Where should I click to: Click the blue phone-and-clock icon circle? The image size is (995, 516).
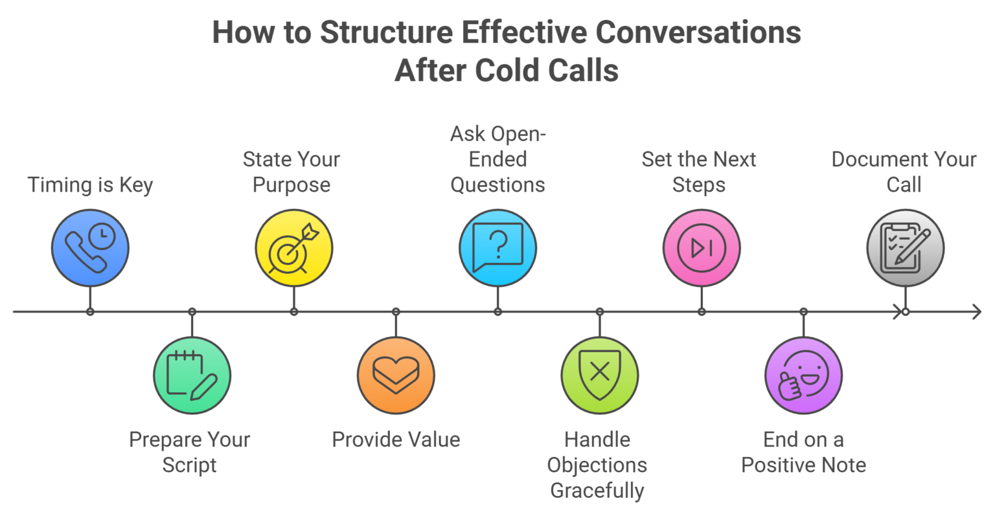click(90, 247)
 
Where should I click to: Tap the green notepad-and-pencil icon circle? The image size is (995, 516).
click(192, 376)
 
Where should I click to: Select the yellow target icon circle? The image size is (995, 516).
click(293, 247)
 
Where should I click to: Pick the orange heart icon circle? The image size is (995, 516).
click(396, 376)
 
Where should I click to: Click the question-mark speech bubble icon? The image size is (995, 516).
click(497, 247)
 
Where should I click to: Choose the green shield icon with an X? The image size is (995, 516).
click(599, 376)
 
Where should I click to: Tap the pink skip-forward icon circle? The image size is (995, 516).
click(702, 247)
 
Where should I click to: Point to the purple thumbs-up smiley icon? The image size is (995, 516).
click(803, 376)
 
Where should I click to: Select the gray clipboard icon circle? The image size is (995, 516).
click(905, 247)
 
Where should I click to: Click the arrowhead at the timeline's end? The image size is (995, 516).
click(976, 312)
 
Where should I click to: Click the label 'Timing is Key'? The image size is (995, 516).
click(90, 185)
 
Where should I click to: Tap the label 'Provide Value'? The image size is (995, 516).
click(396, 440)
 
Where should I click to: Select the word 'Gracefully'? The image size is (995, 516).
click(597, 490)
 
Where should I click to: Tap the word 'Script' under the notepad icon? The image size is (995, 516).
click(189, 465)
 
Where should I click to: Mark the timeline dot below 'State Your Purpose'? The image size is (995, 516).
click(294, 312)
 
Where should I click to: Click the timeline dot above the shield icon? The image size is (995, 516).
click(600, 312)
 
